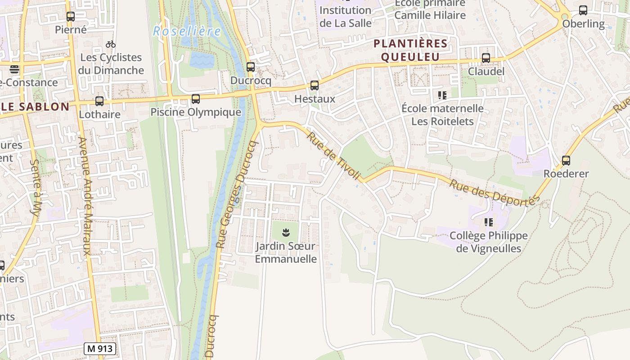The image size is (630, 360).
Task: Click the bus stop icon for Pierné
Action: [x=71, y=17]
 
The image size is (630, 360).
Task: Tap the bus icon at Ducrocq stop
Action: [x=251, y=67]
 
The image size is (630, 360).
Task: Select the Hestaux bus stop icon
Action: [x=315, y=85]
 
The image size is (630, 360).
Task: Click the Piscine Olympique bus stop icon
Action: [x=196, y=99]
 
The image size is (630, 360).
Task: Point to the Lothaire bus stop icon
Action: [x=99, y=101]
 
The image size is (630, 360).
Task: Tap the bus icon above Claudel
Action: [x=486, y=58]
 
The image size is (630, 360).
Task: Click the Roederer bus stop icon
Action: [x=566, y=161]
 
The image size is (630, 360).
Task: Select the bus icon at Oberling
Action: [x=583, y=10]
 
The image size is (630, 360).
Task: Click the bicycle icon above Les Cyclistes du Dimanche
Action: [x=111, y=44]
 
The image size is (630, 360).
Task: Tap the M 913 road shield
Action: [x=100, y=348]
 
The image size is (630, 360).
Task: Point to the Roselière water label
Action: [x=187, y=31]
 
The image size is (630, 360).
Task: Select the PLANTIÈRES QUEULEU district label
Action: [x=410, y=50]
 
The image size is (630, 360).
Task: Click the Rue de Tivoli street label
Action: [x=333, y=155]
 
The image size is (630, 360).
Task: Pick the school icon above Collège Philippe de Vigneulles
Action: [x=489, y=222]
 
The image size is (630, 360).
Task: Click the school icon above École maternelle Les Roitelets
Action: [x=442, y=95]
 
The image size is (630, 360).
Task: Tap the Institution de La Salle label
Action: [x=346, y=16]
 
